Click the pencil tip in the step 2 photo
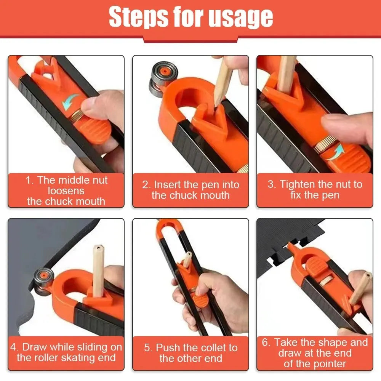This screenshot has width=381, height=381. coord(217,103)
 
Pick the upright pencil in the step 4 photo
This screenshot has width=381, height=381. coord(98,271)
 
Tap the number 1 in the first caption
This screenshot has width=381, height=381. coord(29,180)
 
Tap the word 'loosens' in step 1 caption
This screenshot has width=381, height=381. coord(66,191)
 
